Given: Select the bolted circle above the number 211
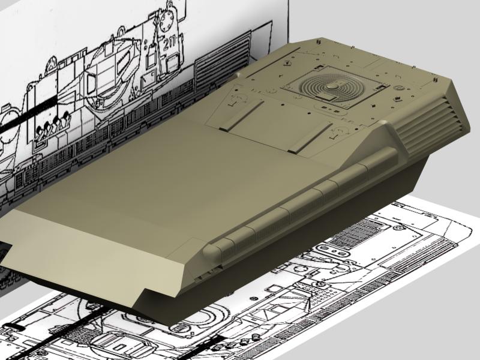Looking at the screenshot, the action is (x=167, y=20).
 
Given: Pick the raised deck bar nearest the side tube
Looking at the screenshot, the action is (x=310, y=138).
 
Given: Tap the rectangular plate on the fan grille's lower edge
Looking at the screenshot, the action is (x=325, y=98).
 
